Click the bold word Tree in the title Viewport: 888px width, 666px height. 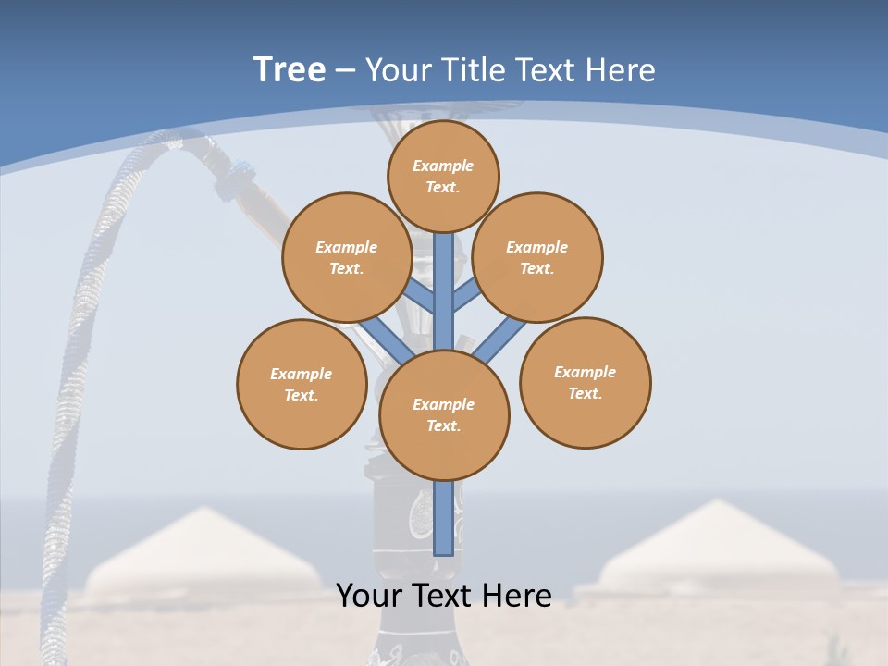click(x=290, y=69)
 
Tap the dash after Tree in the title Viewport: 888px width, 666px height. click(x=345, y=71)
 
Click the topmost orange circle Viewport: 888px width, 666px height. click(x=443, y=176)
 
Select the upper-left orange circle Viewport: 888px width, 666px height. click(x=347, y=257)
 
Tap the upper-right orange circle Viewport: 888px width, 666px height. click(x=537, y=257)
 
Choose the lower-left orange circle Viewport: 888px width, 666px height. click(x=302, y=384)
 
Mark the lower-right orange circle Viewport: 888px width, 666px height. click(x=585, y=382)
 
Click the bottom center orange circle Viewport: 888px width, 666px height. click(x=444, y=414)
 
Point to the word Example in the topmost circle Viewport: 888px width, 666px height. click(x=443, y=166)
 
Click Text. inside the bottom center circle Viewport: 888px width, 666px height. click(x=444, y=425)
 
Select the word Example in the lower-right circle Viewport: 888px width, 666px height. click(x=585, y=372)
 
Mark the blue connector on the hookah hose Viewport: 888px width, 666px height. click(x=242, y=170)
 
